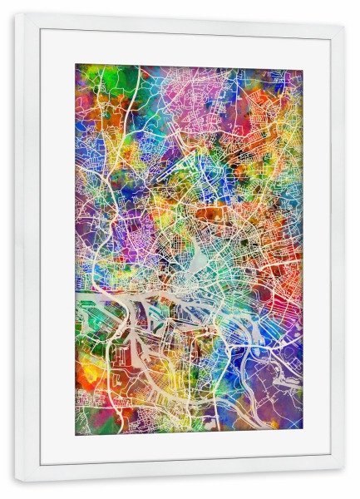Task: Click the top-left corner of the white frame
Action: (16, 14)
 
